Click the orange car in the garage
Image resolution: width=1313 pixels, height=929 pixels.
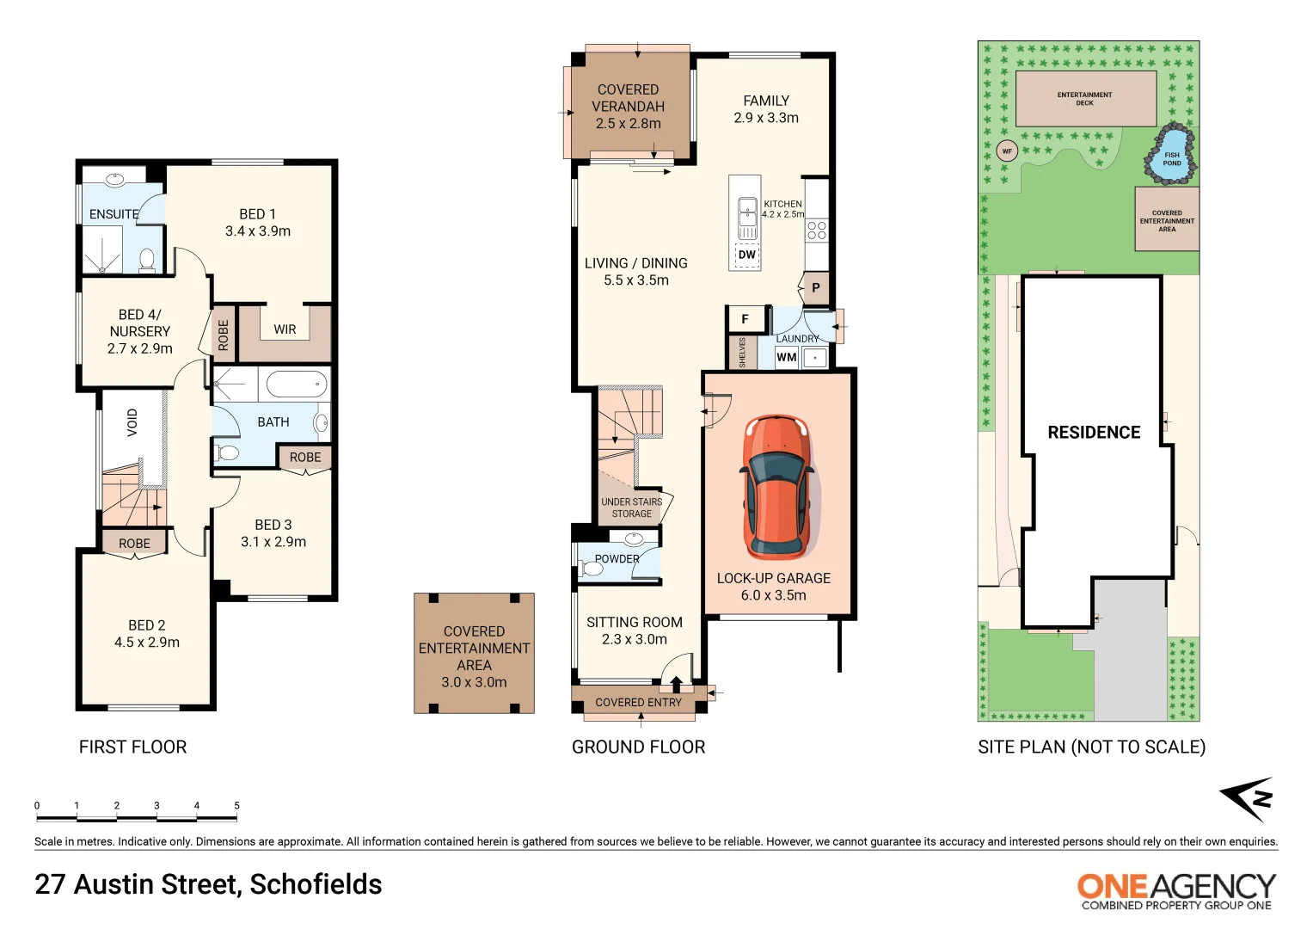pyautogui.click(x=776, y=487)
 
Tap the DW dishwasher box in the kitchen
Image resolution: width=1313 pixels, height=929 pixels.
pyautogui.click(x=746, y=255)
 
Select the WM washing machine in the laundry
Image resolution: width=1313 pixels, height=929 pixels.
pyautogui.click(x=786, y=357)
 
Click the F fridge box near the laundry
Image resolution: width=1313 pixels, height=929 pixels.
pyautogui.click(x=745, y=319)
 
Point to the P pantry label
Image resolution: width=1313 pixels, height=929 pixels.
pyautogui.click(x=815, y=288)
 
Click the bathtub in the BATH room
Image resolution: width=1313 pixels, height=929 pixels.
pyautogui.click(x=296, y=384)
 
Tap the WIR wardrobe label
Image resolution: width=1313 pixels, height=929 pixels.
pyautogui.click(x=285, y=329)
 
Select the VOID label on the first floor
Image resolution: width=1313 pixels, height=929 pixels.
pyautogui.click(x=132, y=422)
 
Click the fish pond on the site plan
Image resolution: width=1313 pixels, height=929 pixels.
pyautogui.click(x=1170, y=158)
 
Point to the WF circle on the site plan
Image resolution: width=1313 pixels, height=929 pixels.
pyautogui.click(x=1007, y=151)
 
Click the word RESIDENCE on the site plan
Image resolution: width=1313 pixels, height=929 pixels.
pyautogui.click(x=1094, y=433)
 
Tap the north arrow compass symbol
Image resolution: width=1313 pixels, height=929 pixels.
pyautogui.click(x=1248, y=799)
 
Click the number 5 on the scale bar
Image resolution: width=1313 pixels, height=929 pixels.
pyautogui.click(x=236, y=806)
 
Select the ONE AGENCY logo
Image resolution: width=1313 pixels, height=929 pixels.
pyautogui.click(x=1175, y=889)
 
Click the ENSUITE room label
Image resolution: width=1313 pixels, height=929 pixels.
pyautogui.click(x=114, y=214)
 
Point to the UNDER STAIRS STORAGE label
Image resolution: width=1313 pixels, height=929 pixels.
pyautogui.click(x=631, y=508)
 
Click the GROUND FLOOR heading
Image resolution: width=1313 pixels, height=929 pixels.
pyautogui.click(x=638, y=748)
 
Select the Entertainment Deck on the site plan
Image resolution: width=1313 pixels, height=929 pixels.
pyautogui.click(x=1085, y=99)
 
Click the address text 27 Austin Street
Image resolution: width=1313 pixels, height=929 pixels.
pyautogui.click(x=208, y=884)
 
